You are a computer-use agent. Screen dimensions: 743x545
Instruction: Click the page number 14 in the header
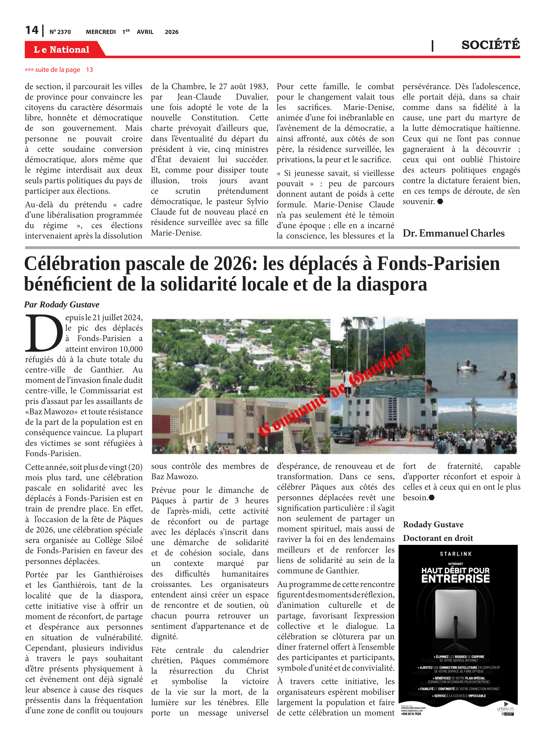(32, 30)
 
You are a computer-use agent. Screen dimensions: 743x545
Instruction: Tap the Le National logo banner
(62, 50)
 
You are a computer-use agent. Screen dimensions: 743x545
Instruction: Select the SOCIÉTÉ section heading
(490, 45)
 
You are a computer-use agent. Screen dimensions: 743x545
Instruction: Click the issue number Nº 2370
(60, 32)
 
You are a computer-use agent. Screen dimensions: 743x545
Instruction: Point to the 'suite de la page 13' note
(59, 70)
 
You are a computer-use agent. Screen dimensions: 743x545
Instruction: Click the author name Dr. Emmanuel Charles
(453, 233)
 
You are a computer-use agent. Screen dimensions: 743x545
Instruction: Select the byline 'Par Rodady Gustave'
(62, 304)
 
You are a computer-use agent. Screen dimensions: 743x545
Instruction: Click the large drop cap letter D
(44, 333)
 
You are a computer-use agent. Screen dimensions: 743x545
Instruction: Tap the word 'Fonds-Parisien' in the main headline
(438, 264)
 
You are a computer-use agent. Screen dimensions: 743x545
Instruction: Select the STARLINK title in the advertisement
(456, 554)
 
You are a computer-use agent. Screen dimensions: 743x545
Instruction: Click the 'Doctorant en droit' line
(438, 538)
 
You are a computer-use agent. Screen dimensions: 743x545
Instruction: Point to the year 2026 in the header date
(171, 32)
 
